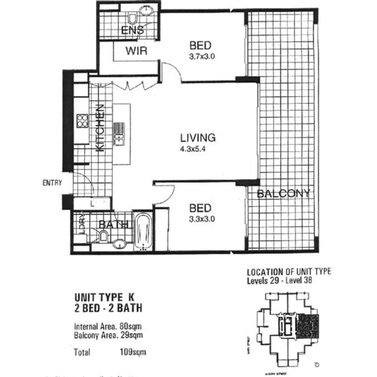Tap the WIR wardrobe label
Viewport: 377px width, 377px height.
pyautogui.click(x=136, y=51)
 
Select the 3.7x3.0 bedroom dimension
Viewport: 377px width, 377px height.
pyautogui.click(x=201, y=57)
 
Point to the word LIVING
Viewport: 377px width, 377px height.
pyautogui.click(x=198, y=137)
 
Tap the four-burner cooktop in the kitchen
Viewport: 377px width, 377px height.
pyautogui.click(x=83, y=120)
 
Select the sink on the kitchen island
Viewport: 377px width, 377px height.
pyautogui.click(x=119, y=133)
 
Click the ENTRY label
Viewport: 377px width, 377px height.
pyautogui.click(x=52, y=183)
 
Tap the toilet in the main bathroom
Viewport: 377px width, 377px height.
pyautogui.click(x=103, y=237)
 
